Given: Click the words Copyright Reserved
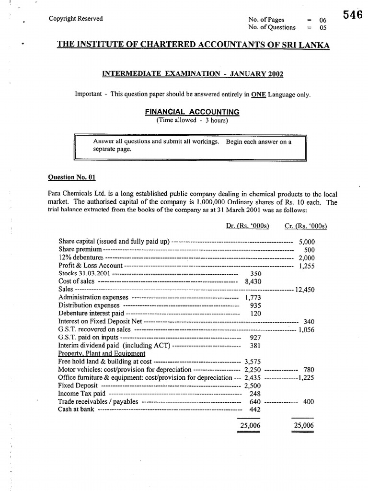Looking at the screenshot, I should pyautogui.click(x=76, y=19).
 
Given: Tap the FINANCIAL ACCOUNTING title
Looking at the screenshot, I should pyautogui.click(x=192, y=112).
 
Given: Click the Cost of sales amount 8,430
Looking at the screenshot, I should pyautogui.click(x=252, y=282).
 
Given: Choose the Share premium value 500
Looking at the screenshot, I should pyautogui.click(x=310, y=250).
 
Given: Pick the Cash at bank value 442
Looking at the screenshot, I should pyautogui.click(x=255, y=409).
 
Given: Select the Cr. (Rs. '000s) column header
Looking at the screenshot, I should pyautogui.click(x=302, y=226).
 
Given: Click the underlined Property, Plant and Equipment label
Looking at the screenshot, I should pyautogui.click(x=102, y=353).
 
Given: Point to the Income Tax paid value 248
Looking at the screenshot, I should pyautogui.click(x=255, y=394).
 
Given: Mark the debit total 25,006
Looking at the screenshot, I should pyautogui.click(x=249, y=425).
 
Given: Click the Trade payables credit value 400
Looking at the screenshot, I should pyautogui.click(x=309, y=402).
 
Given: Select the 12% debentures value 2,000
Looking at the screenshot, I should pyautogui.click(x=306, y=258).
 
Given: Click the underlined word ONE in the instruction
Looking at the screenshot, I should pyautogui.click(x=259, y=94).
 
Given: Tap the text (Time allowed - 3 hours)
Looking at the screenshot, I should pyautogui.click(x=192, y=120).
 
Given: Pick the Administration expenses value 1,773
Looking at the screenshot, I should pyautogui.click(x=253, y=298).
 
